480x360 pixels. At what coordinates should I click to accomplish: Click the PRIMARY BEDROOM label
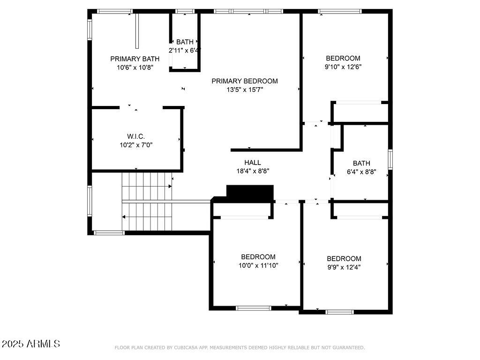click(x=244, y=81)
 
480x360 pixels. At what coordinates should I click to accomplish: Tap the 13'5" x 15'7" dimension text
click(x=244, y=90)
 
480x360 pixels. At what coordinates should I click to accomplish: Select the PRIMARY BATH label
click(x=135, y=59)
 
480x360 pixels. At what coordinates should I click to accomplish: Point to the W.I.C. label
click(x=136, y=136)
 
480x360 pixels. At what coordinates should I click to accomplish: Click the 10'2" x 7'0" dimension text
click(x=136, y=145)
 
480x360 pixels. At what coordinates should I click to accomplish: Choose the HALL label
click(x=253, y=163)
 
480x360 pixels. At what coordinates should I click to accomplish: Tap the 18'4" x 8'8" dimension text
click(x=253, y=171)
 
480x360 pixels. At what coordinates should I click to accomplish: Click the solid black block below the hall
click(x=249, y=192)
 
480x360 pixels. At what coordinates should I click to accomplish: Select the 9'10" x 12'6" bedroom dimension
click(x=343, y=67)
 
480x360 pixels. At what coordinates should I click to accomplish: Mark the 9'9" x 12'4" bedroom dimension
click(x=344, y=267)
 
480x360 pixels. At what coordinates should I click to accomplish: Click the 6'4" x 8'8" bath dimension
click(x=361, y=172)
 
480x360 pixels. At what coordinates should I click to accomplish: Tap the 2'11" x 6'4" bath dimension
click(x=185, y=50)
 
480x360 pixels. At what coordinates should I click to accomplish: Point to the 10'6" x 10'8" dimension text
click(x=135, y=67)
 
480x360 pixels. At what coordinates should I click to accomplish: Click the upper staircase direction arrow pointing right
click(x=169, y=186)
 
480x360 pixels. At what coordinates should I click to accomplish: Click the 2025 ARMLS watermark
click(x=31, y=344)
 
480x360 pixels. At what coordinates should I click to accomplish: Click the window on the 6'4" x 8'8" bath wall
click(x=390, y=159)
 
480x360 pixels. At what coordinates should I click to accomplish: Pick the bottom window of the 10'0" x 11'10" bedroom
click(x=253, y=308)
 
